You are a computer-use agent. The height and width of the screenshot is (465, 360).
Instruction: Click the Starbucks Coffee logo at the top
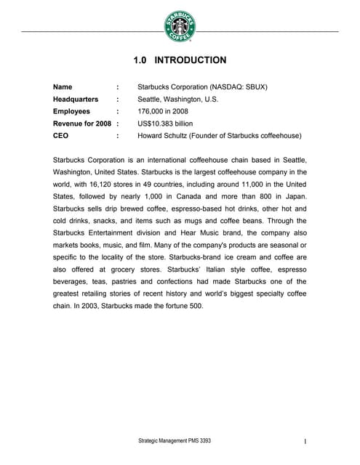tap(180, 28)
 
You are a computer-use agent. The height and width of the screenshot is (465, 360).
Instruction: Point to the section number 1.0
tap(142, 60)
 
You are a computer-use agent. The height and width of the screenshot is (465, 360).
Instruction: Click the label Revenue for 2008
tap(82, 124)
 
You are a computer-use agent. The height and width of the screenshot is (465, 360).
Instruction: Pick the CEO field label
tap(61, 136)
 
